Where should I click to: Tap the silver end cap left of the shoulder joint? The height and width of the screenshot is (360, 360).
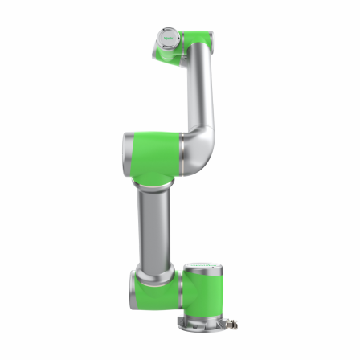point(132,286)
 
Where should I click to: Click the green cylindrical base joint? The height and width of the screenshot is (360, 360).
point(202,293)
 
